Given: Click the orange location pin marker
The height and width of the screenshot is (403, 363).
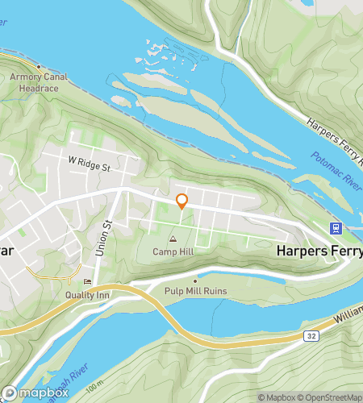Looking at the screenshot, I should pos(182,201).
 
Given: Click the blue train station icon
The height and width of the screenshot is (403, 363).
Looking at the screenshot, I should pos(335,228).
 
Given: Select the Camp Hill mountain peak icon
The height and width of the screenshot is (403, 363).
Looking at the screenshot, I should pos(173,239).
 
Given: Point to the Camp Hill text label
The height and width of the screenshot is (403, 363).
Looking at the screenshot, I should pos(173,252).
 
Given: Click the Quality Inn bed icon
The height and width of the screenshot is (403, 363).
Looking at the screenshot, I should pos(88,281).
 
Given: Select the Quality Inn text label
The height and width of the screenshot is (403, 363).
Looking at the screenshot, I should pos(88,294).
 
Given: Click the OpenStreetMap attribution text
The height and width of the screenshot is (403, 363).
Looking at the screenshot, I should pos(331,397).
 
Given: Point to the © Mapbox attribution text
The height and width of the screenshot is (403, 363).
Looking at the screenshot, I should pos(277,397).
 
